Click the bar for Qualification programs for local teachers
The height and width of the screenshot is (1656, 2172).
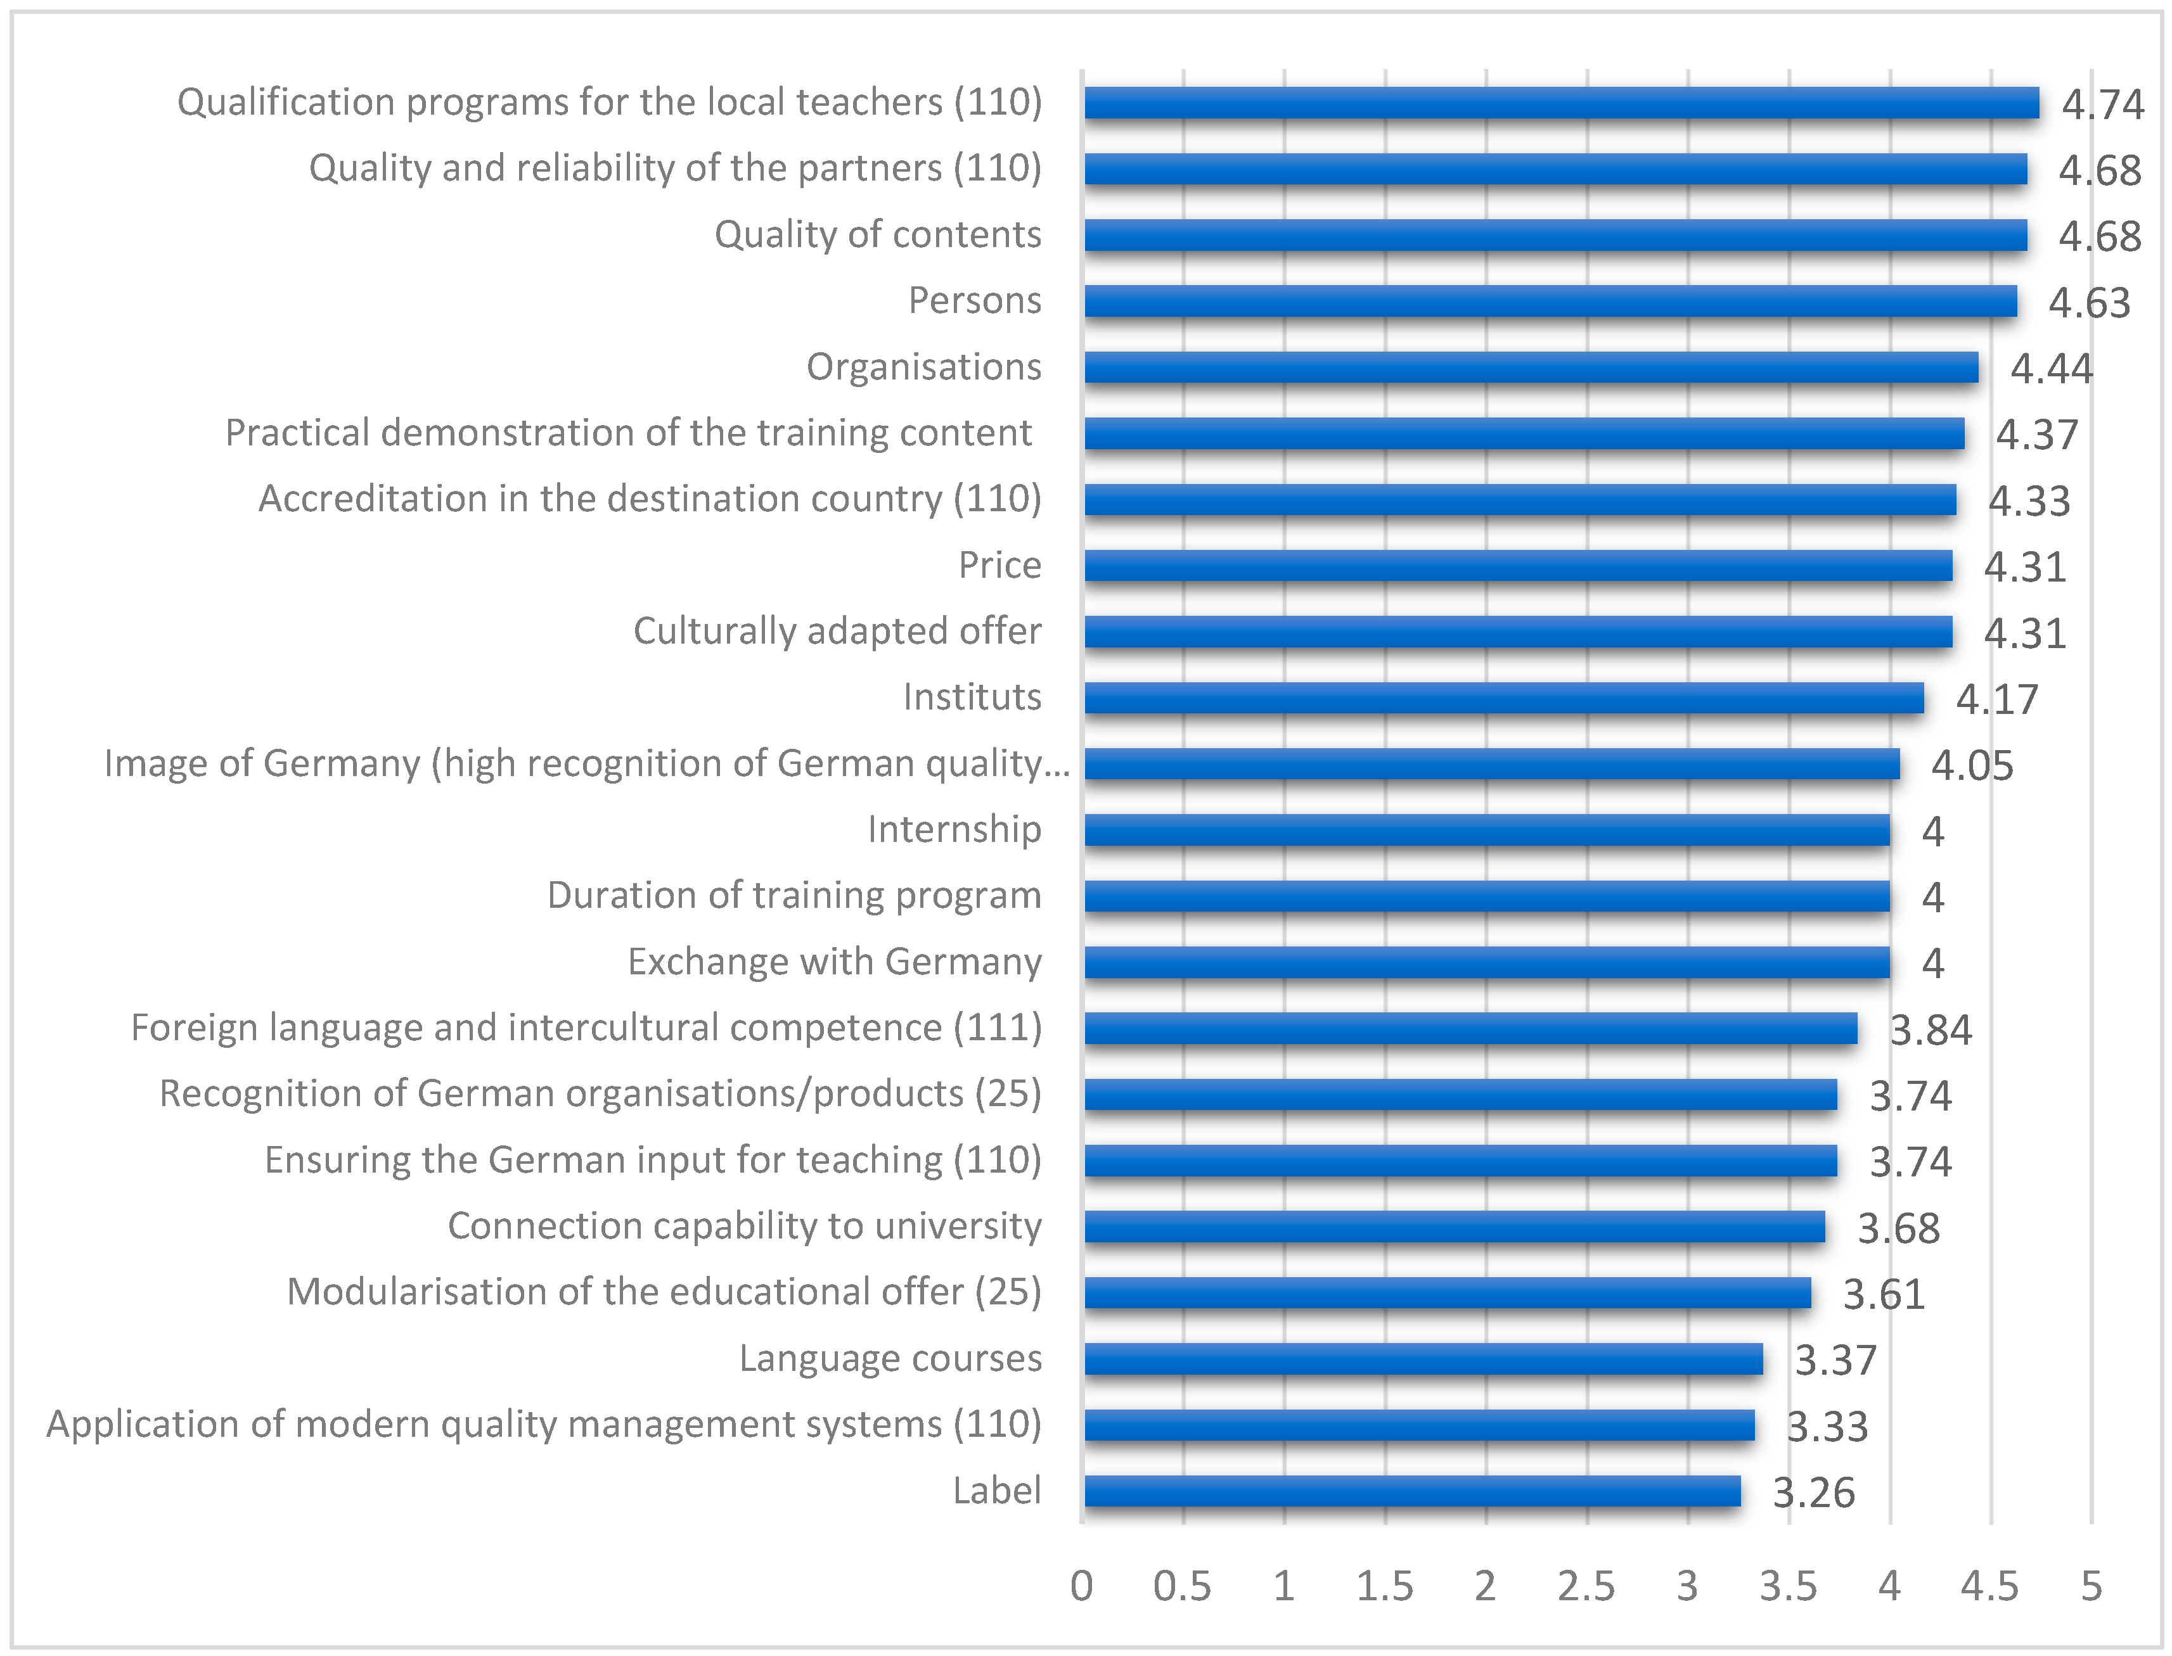1561,103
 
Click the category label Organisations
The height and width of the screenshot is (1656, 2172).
924,367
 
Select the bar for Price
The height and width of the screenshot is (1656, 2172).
1519,566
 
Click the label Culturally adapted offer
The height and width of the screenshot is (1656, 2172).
837,631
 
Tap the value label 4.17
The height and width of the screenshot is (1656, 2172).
1996,699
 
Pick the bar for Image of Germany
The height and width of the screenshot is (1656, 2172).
1492,764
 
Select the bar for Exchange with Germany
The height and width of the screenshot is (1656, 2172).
1487,962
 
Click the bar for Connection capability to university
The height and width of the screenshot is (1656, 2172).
1455,1226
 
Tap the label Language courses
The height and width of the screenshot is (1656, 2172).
890,1358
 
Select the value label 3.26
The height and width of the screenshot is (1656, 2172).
1813,1493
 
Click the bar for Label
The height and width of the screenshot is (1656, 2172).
1412,1491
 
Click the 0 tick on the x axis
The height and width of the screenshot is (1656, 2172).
1081,1587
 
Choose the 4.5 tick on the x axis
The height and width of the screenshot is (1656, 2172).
1989,1587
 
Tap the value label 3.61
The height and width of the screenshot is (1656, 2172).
1883,1294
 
